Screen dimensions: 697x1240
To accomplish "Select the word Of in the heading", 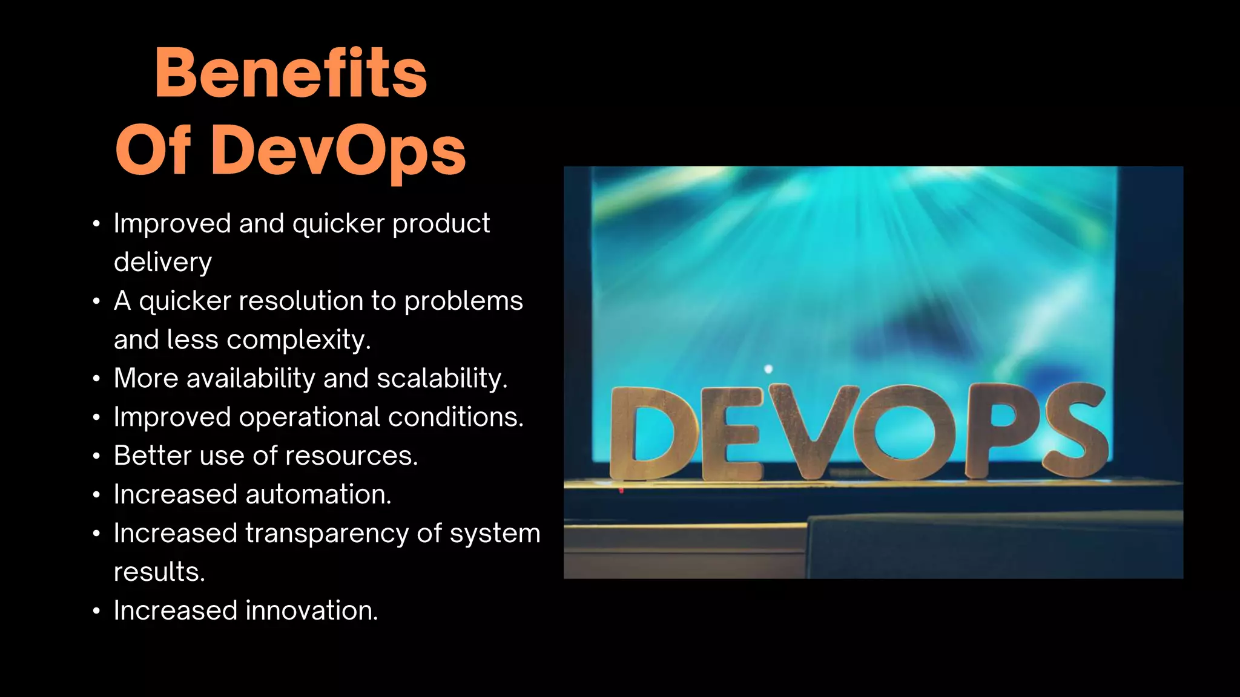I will pyautogui.click(x=153, y=150).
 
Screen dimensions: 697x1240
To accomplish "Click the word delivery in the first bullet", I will pyautogui.click(x=163, y=262).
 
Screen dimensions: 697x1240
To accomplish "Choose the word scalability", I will pyautogui.click(x=441, y=378).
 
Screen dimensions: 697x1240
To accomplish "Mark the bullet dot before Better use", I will pyautogui.click(x=96, y=456).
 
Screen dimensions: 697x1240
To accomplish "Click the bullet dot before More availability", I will pyautogui.click(x=96, y=379).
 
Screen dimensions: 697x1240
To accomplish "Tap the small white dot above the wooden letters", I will pyautogui.click(x=768, y=369).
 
